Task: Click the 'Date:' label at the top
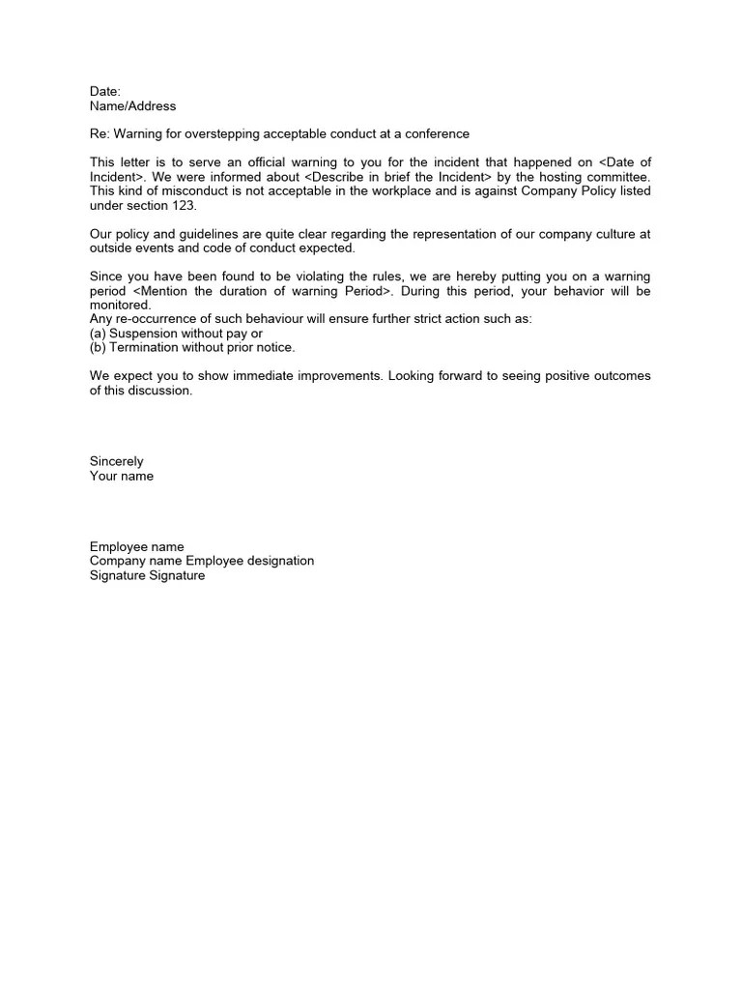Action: (x=105, y=91)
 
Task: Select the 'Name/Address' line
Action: (x=133, y=105)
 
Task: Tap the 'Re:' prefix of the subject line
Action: (x=100, y=133)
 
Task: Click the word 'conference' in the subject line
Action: (x=436, y=133)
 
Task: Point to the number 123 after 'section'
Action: (x=184, y=205)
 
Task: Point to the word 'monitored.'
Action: (x=121, y=305)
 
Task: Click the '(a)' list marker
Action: (x=98, y=333)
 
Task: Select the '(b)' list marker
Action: (x=98, y=347)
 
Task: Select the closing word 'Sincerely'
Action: (x=117, y=461)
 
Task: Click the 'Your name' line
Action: (x=122, y=476)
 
